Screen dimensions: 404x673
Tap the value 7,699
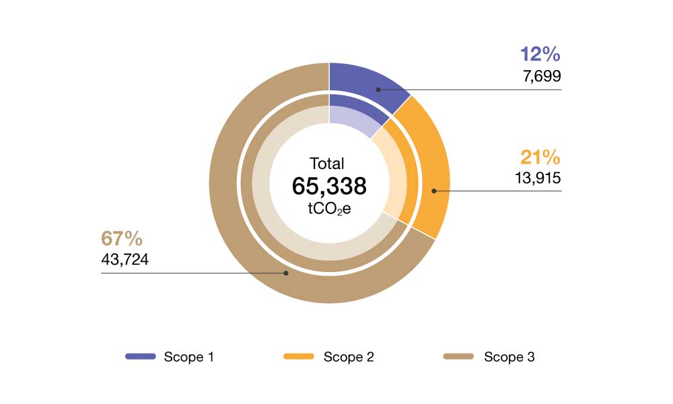tap(541, 76)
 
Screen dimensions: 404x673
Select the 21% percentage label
tap(540, 158)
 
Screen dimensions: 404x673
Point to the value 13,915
tap(536, 178)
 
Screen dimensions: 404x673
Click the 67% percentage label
tap(122, 238)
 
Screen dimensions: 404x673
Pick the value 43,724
tap(125, 259)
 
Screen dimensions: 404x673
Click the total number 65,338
tap(329, 187)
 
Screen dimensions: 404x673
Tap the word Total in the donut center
tap(327, 164)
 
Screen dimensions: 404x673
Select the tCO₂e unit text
tap(329, 209)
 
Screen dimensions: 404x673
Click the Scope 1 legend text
tap(188, 357)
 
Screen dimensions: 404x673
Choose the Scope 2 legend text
tap(349, 357)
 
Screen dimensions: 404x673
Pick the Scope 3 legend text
tap(509, 357)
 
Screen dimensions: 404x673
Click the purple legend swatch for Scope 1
tap(141, 356)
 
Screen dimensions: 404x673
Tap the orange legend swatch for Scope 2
tap(299, 356)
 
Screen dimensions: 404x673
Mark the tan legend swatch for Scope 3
tap(460, 356)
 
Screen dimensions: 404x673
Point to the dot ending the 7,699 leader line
tap(378, 89)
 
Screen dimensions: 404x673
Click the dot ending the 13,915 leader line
tap(434, 191)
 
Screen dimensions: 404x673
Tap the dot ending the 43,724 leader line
tap(286, 273)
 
